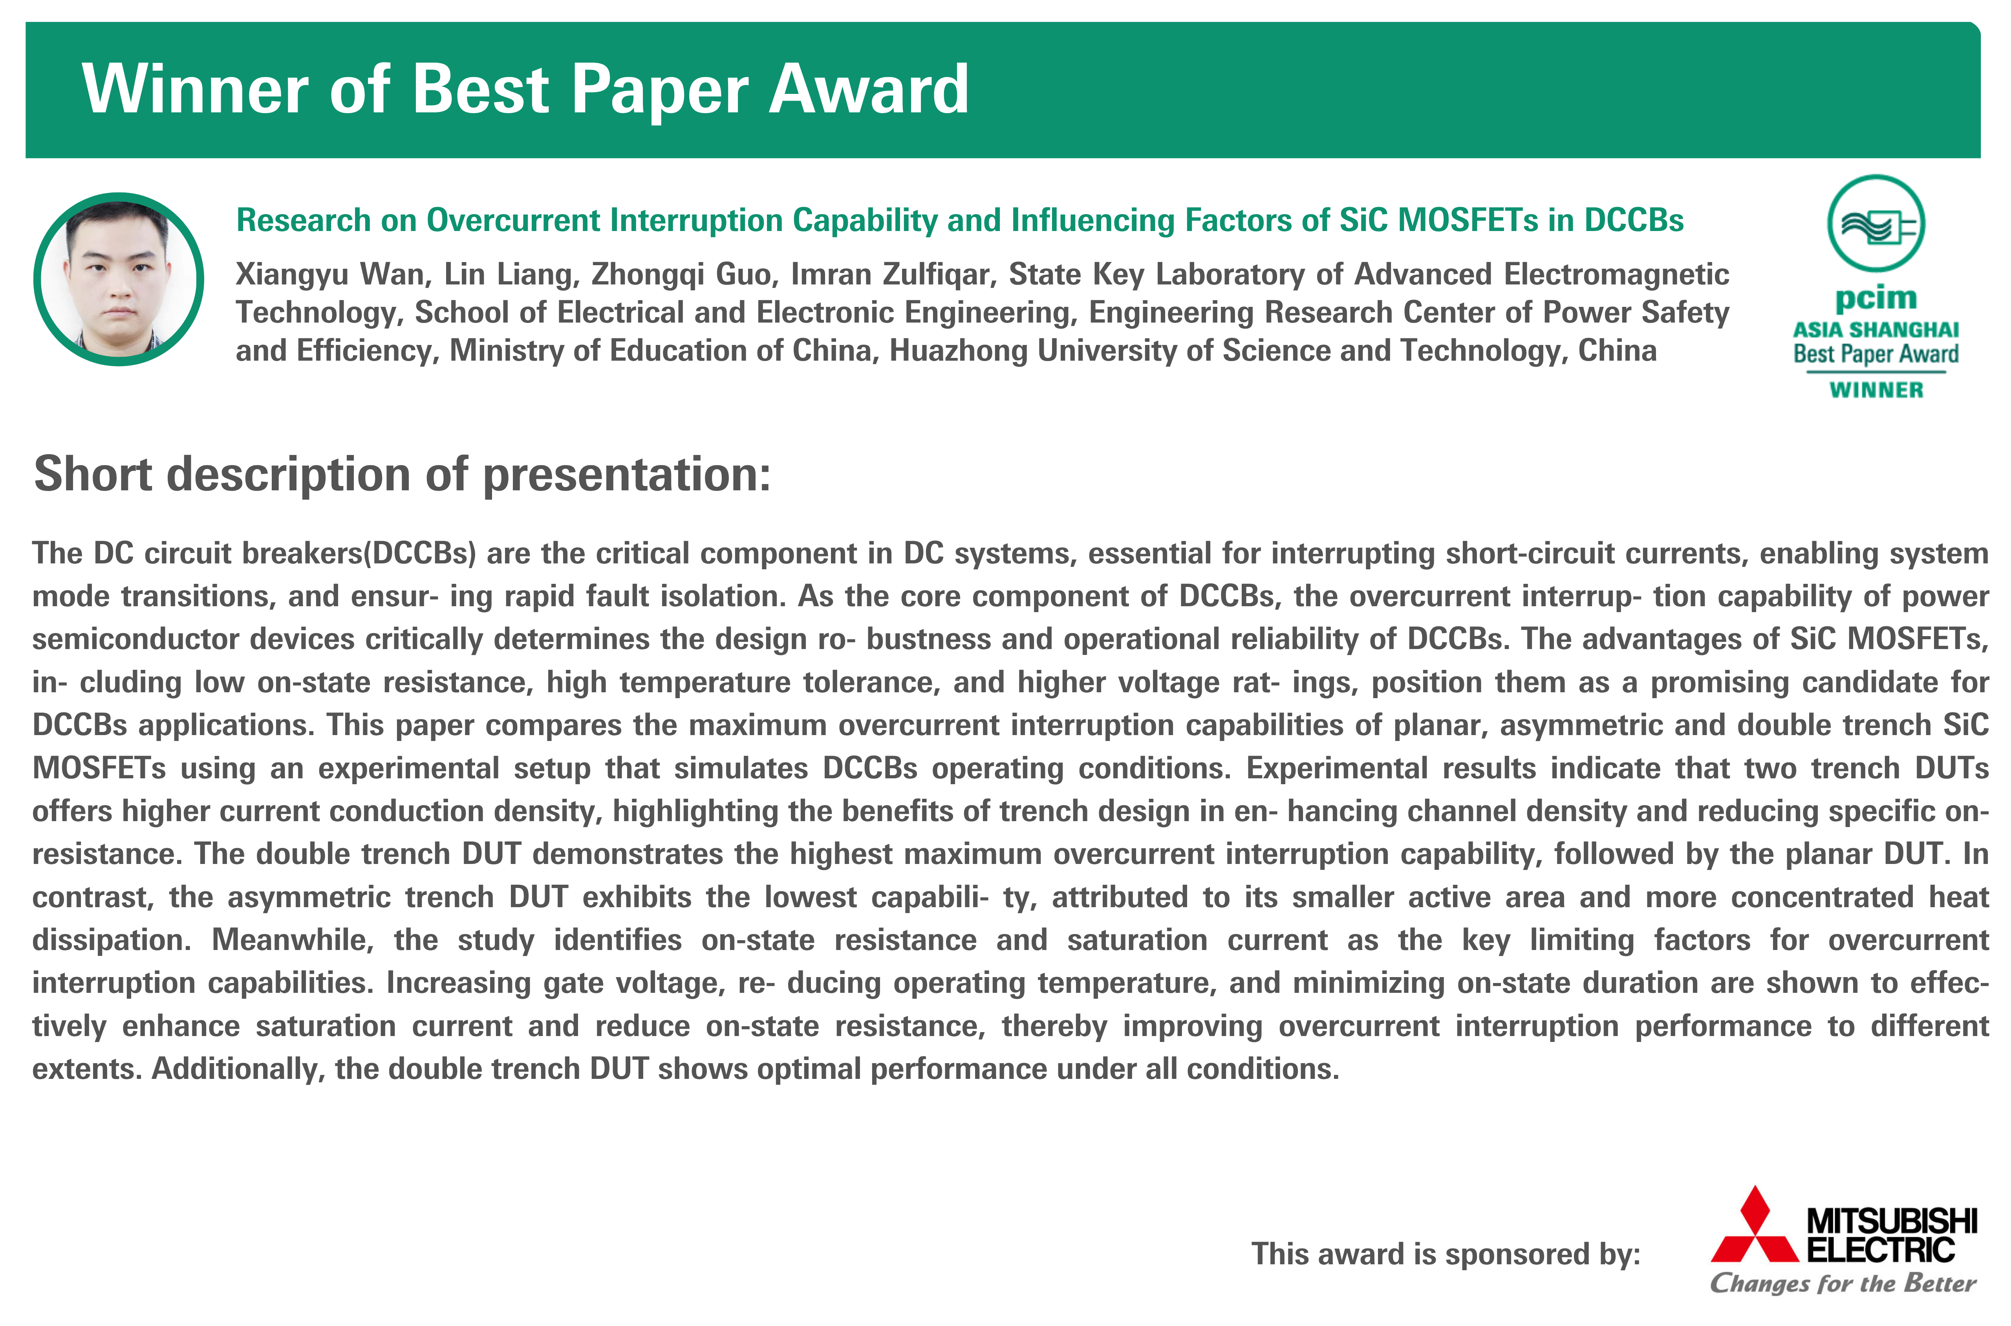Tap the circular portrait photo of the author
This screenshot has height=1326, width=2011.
click(118, 279)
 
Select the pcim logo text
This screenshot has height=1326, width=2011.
click(1876, 299)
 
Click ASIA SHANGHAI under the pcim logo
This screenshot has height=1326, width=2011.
click(1876, 330)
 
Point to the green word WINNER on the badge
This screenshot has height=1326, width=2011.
click(1876, 390)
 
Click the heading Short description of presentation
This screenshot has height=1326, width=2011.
click(403, 475)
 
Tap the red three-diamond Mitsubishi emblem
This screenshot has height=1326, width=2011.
click(1754, 1225)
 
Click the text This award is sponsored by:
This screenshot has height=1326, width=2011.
click(1446, 1254)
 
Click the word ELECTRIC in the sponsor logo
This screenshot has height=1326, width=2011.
click(1881, 1250)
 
